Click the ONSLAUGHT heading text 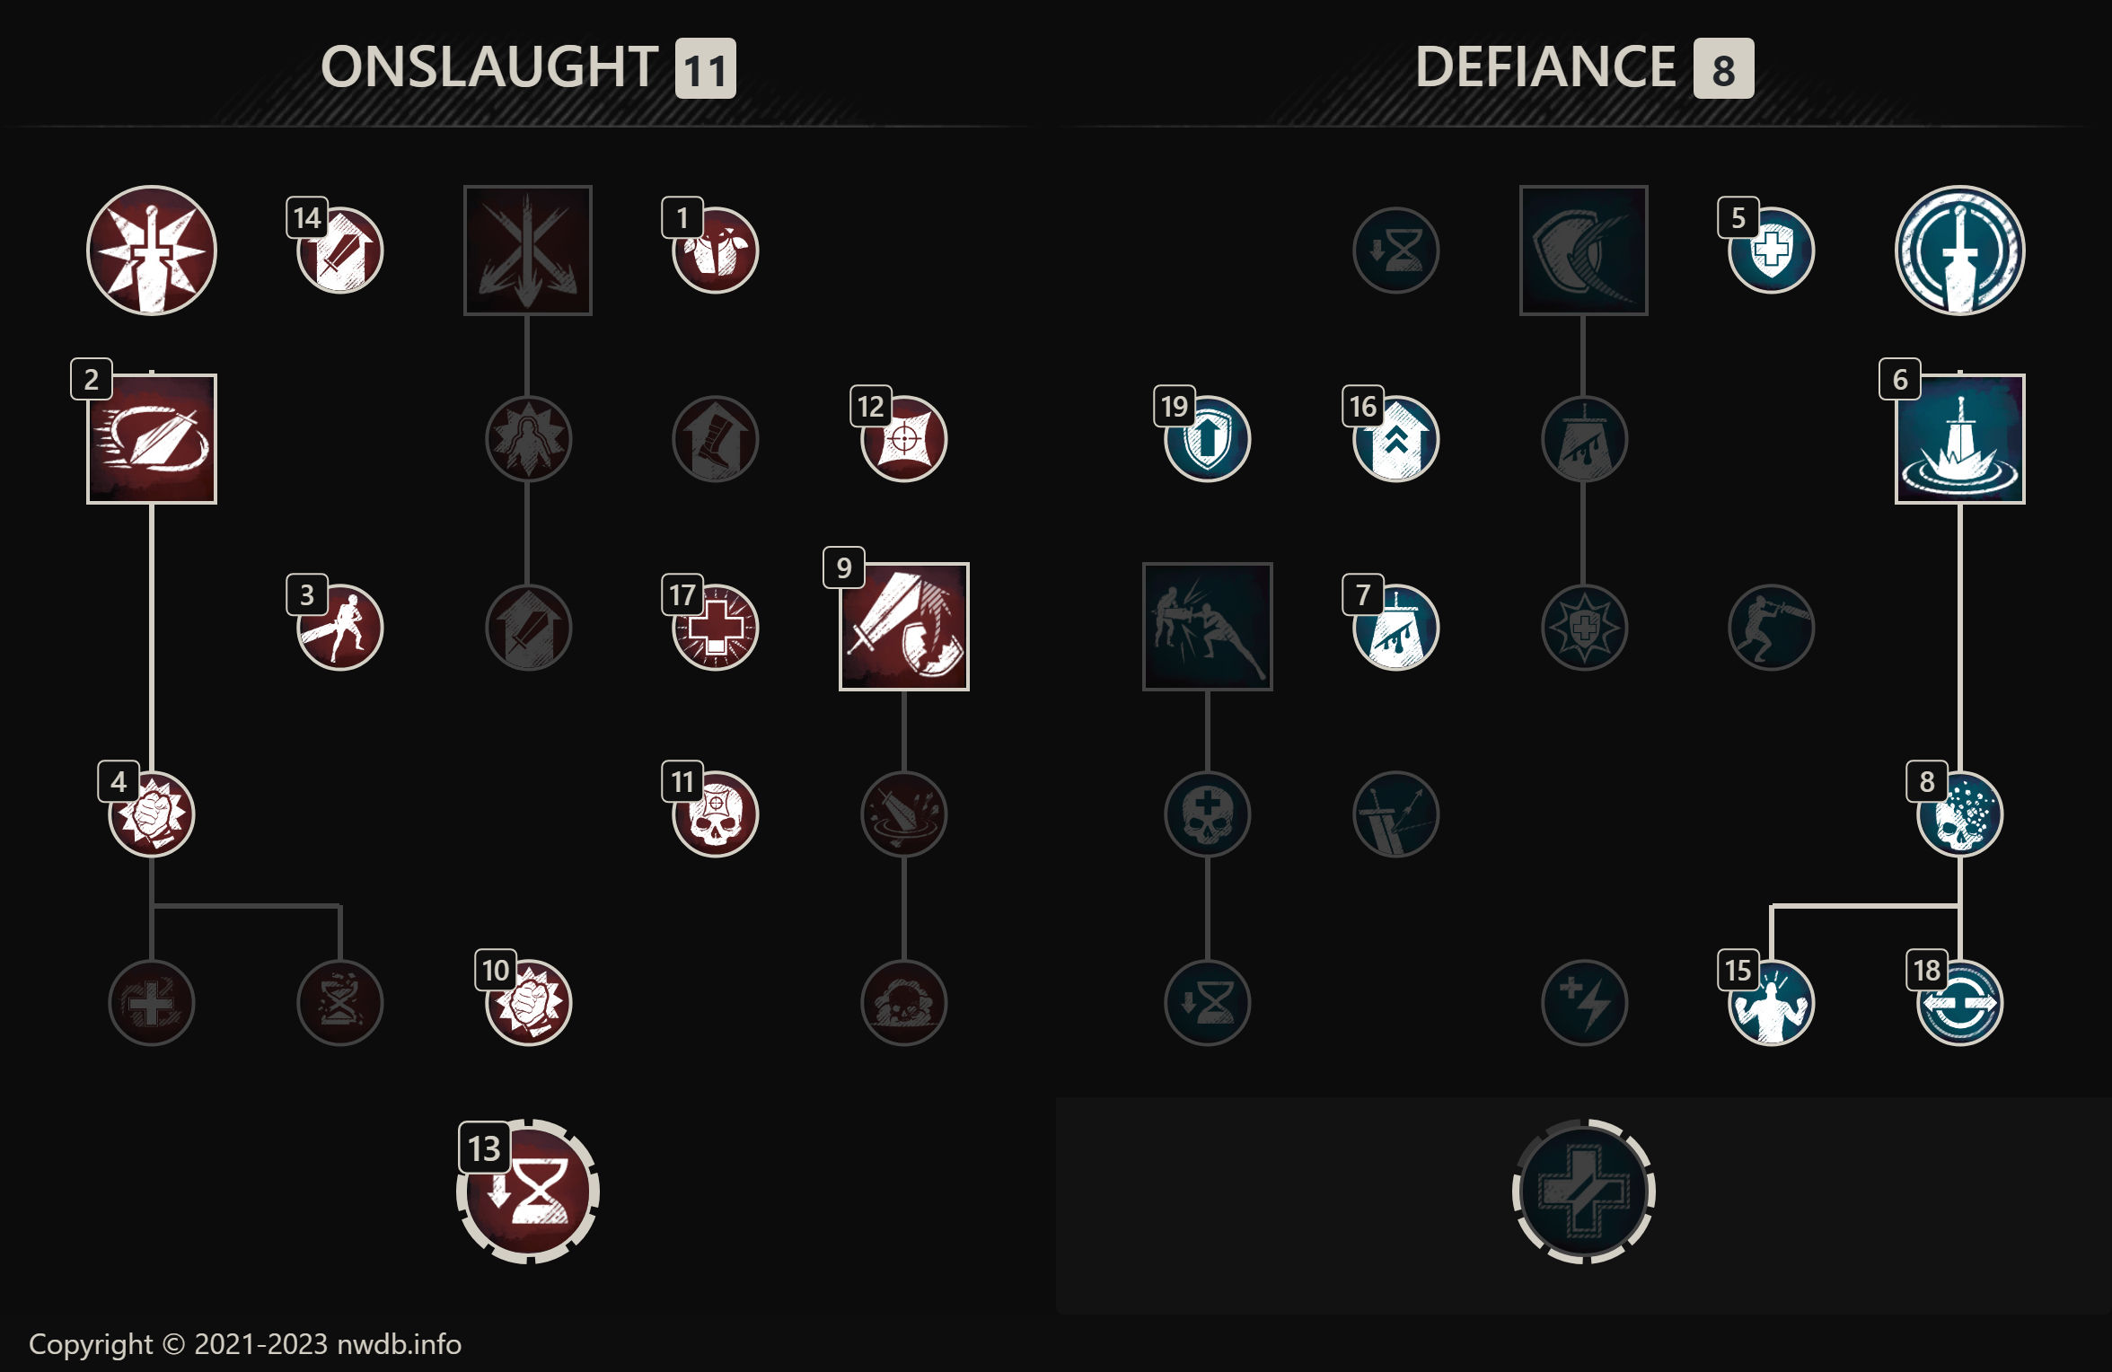489,67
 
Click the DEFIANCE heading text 1544,67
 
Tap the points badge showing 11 706,69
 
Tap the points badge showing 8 1723,69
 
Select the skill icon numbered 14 340,251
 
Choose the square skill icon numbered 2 152,439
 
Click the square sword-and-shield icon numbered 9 904,627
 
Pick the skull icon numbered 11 716,814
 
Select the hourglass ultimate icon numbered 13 528,1192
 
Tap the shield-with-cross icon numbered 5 1772,251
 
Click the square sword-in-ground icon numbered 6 1959,439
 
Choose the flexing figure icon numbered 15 1772,1003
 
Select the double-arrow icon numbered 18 1959,1003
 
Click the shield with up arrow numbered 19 1208,439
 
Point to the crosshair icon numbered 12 904,439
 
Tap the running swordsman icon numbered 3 340,627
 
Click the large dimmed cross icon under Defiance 1584,1192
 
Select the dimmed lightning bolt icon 1584,1003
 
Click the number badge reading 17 682,594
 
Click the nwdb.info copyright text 245,1344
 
